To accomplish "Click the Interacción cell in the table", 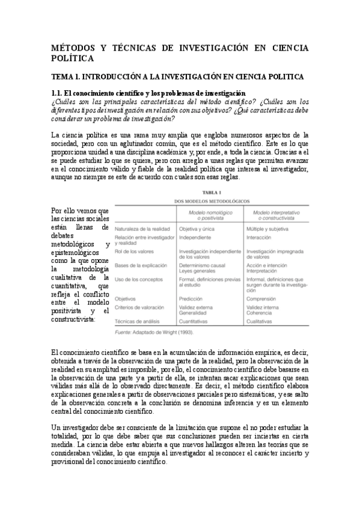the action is tap(262, 238).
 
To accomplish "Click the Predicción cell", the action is tap(192, 298).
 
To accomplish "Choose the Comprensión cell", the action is tap(265, 298).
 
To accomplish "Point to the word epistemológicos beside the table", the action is tap(75, 253).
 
